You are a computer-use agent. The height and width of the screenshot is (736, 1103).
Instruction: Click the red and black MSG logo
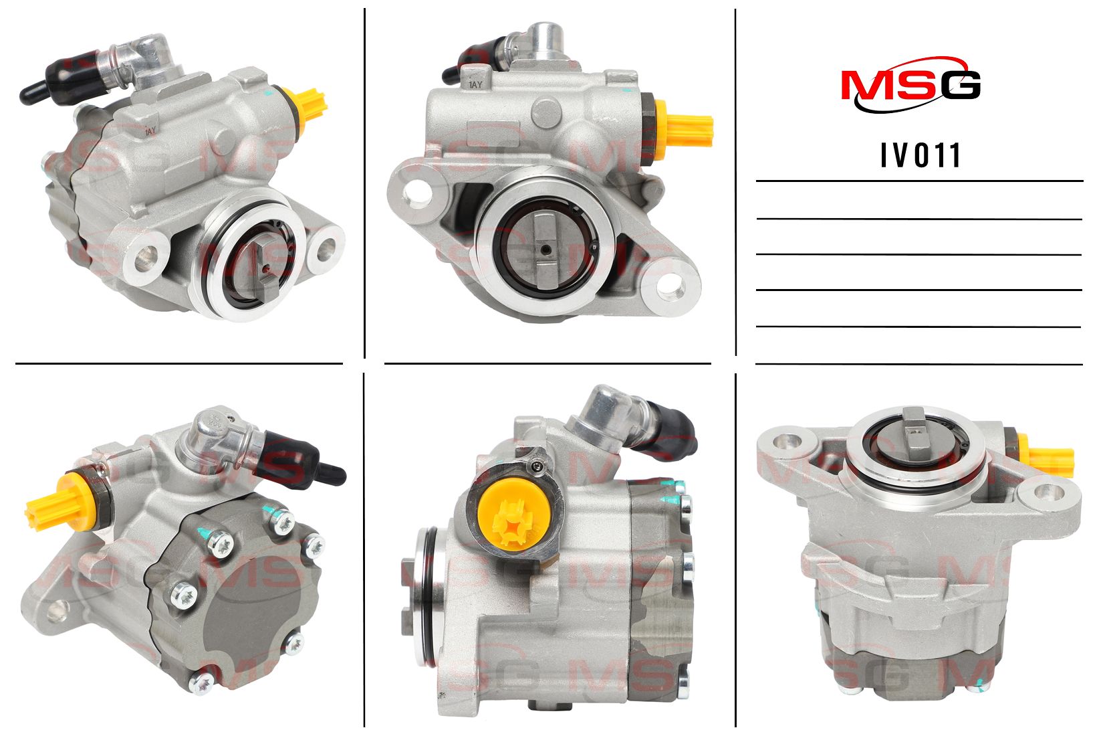click(910, 85)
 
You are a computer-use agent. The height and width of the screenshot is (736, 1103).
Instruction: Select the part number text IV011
click(921, 156)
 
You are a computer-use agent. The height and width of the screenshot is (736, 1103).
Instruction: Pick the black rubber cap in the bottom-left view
click(301, 460)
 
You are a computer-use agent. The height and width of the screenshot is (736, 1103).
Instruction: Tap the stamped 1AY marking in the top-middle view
click(476, 85)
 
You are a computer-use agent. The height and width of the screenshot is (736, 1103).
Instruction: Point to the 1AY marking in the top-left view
click(150, 131)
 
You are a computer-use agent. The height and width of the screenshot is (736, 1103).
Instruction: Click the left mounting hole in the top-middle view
click(416, 191)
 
